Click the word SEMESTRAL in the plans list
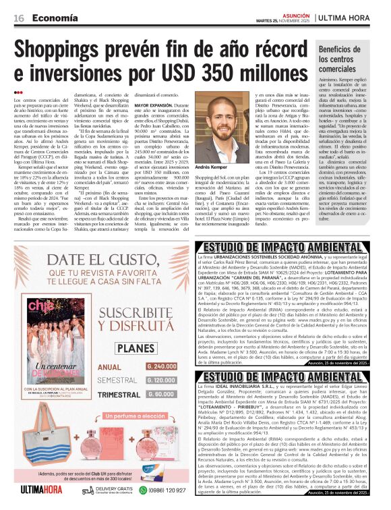(117, 380)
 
